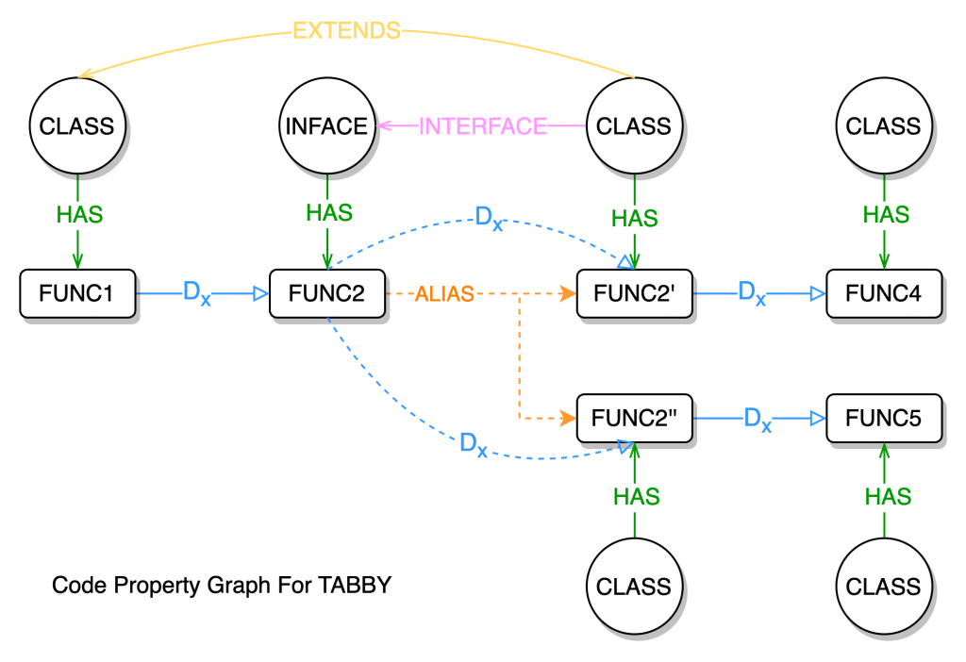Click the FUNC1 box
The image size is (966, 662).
coord(77,293)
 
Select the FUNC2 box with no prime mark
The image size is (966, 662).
coord(327,293)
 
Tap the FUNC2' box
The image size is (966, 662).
coord(634,293)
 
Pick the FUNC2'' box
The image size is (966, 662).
coord(634,418)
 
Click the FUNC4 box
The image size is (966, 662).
coord(884,293)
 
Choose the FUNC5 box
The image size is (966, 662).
coord(884,418)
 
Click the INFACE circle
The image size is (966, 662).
coord(326,126)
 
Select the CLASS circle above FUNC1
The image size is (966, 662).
coord(77,126)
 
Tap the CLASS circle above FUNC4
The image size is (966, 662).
coord(884,126)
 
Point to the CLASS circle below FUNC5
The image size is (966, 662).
coord(884,587)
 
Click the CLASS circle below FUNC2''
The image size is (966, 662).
coord(634,587)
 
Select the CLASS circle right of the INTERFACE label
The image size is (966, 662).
coord(634,126)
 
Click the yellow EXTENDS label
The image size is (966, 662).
coord(346,31)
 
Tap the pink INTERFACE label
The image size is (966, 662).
coord(483,126)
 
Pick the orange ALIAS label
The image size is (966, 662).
coord(444,294)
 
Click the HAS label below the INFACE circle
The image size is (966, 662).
coord(329,213)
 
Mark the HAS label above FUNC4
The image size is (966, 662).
coord(887,215)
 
